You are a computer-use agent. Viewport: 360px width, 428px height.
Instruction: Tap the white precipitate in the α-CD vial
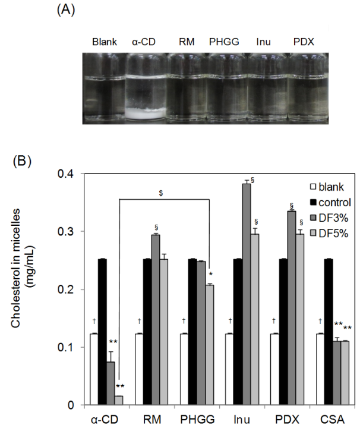(144, 109)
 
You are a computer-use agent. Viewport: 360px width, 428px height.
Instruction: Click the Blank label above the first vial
(105, 42)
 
